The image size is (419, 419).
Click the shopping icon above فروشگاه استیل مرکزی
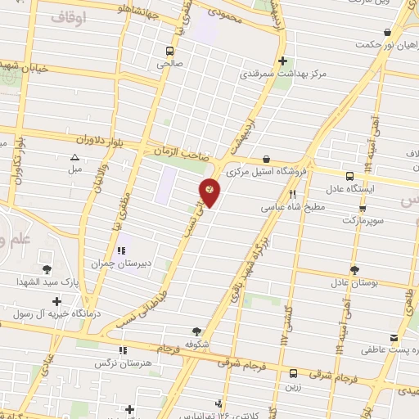tap(266, 160)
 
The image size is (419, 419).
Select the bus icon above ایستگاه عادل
tap(350, 176)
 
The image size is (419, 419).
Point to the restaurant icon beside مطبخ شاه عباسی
tap(292, 195)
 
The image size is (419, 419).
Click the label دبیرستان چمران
tap(123, 264)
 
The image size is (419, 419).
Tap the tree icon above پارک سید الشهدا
tap(46, 269)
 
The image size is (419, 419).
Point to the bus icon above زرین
tap(293, 372)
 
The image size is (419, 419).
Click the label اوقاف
tap(67, 16)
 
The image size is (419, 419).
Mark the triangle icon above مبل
tap(75, 157)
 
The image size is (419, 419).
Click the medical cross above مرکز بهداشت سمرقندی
tap(282, 61)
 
